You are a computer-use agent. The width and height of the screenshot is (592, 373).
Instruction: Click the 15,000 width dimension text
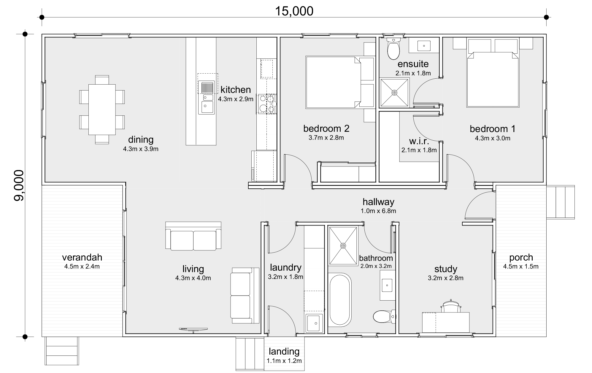[x=294, y=11]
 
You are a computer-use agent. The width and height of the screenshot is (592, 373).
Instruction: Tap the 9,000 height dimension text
[x=19, y=185]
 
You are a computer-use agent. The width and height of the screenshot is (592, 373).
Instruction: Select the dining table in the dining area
[x=102, y=109]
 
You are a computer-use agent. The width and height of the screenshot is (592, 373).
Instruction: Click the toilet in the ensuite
[x=393, y=50]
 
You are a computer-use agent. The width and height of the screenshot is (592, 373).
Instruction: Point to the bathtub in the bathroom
[x=340, y=300]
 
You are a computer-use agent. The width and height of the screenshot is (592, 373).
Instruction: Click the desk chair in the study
[x=451, y=307]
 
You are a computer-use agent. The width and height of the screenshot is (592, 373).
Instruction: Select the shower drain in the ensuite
[x=394, y=93]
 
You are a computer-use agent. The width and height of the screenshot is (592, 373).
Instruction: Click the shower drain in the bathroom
[x=343, y=246]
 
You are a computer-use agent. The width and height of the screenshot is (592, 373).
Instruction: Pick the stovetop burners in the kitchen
[x=267, y=104]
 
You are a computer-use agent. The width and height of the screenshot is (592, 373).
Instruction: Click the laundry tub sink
[x=313, y=323]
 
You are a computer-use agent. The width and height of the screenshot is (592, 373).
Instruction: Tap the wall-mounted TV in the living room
[x=193, y=329]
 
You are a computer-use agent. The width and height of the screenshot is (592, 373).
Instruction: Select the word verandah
[x=82, y=257]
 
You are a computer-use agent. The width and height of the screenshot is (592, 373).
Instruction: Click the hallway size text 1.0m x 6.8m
[x=378, y=211]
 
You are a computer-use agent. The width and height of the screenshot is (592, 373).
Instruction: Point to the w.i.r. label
[x=419, y=141]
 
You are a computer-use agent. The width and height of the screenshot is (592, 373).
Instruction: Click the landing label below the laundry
[x=284, y=352]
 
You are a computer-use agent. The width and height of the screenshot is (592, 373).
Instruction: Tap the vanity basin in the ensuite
[x=424, y=46]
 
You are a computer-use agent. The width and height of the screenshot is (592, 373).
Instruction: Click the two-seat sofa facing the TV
[x=193, y=239]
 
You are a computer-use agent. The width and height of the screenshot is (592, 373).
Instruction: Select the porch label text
[x=521, y=257]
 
